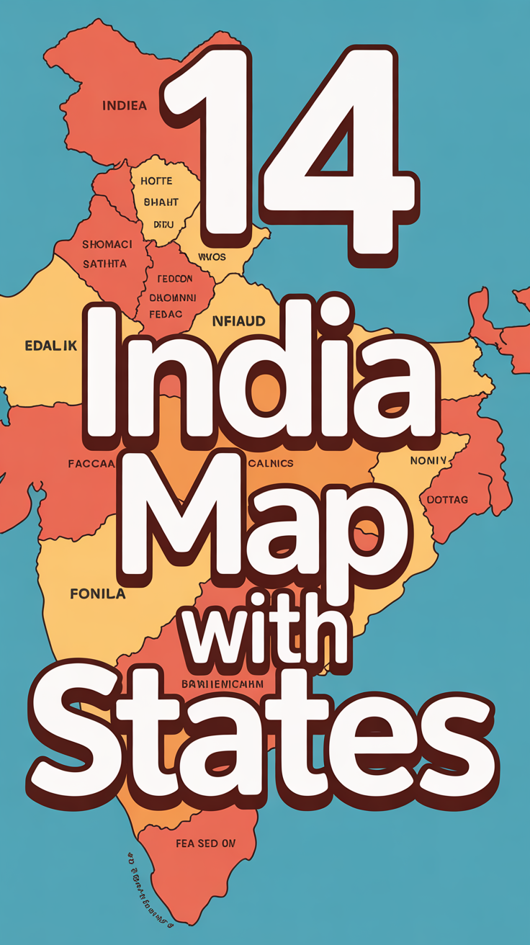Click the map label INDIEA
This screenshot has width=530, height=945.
(x=125, y=106)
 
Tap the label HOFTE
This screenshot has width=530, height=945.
(x=156, y=181)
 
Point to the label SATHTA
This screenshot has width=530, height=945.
(x=104, y=264)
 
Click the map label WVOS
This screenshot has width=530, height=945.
(x=212, y=256)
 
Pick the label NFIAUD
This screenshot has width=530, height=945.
(x=238, y=321)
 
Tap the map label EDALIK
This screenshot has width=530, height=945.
(x=50, y=346)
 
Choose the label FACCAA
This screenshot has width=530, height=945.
(x=91, y=464)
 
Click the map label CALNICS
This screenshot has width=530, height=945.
(x=270, y=463)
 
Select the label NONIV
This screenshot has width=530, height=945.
(x=428, y=460)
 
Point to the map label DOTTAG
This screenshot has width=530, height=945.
(x=447, y=499)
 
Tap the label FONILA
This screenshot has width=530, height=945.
(x=98, y=594)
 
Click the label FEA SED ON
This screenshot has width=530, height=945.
(x=205, y=843)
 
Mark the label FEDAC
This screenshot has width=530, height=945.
(x=166, y=313)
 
